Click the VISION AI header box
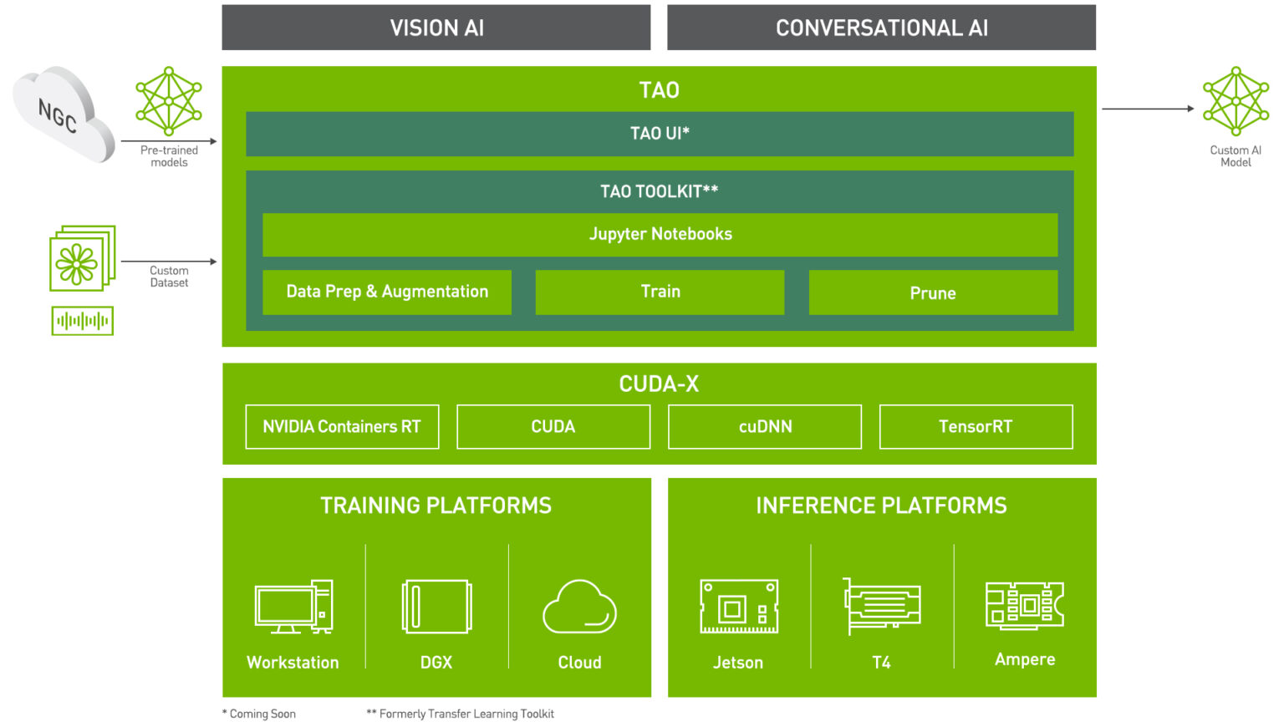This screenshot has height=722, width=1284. coord(436,28)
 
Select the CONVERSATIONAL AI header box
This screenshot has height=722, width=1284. coord(881,28)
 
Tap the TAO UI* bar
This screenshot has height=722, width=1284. coord(660,134)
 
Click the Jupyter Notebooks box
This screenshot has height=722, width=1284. coord(660,234)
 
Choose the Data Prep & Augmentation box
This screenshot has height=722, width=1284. coord(387,292)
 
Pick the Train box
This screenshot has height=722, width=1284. coord(660,292)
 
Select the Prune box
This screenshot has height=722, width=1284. coord(933,292)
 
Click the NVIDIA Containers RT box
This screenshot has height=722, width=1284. coord(342,427)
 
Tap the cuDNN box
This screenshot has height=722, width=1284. coord(765,427)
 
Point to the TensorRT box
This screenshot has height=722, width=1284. coord(976,427)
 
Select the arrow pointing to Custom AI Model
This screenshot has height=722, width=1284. coord(1147,109)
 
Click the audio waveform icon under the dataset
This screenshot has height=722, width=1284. coord(82,321)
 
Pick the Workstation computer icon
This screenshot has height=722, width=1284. coord(293,607)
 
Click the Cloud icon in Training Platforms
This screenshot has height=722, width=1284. coord(579,607)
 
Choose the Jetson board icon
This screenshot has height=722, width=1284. coord(739,607)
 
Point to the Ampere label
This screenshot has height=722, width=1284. coord(1025,659)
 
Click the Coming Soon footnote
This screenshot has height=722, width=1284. coord(259,714)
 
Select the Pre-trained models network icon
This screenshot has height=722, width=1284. coord(169,101)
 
